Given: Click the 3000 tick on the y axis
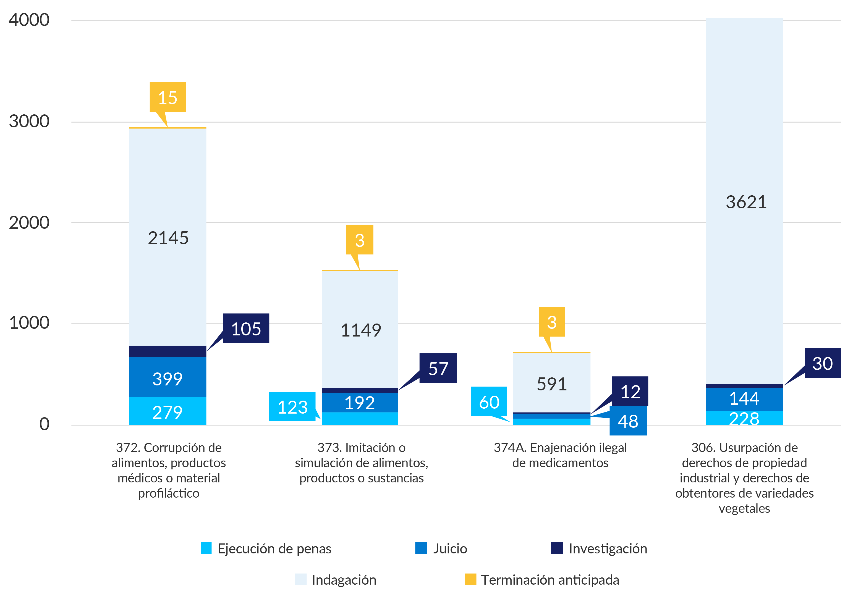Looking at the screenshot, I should pos(29,121).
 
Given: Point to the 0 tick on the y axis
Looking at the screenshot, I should pos(44,424).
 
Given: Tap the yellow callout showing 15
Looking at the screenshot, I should pos(168,97).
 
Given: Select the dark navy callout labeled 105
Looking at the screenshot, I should pos(246,329).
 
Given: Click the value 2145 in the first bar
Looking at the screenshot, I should pos(168,238).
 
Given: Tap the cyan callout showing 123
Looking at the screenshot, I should pos(292,407).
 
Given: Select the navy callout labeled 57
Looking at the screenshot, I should pos(438,368).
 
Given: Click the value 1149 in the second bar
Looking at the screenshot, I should pos(361,330).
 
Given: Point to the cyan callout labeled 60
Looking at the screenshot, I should pos(489,402).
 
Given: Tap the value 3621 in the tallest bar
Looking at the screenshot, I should pos(746,202).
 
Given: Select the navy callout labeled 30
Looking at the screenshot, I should pos(822,363).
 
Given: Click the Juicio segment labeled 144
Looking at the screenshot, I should pos(744,398).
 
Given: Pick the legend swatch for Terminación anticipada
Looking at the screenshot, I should pos(470,579).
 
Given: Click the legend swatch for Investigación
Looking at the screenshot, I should pos(557,548).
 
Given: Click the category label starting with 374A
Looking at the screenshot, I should pos(560,455).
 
